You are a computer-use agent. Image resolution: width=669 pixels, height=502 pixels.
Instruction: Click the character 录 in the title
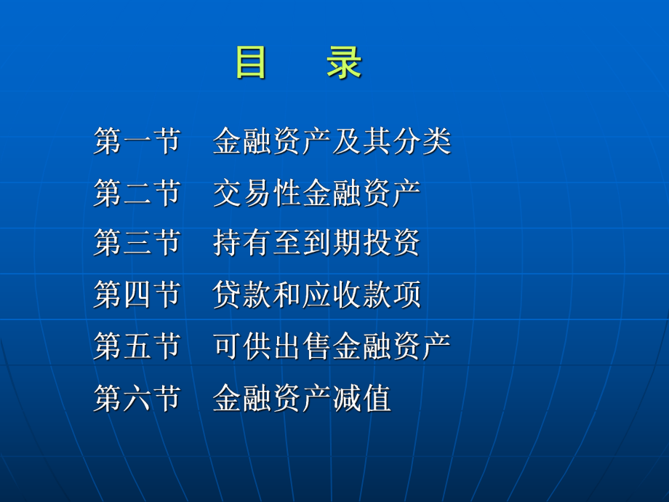(x=343, y=63)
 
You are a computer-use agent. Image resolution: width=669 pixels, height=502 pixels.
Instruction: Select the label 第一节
(x=137, y=141)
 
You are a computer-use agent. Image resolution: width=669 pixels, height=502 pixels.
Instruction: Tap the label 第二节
(x=137, y=193)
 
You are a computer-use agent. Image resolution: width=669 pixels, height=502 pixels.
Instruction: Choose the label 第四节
(x=137, y=295)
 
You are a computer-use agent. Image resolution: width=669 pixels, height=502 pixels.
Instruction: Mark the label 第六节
(x=137, y=398)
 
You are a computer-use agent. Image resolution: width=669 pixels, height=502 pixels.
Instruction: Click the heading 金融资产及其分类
(x=332, y=141)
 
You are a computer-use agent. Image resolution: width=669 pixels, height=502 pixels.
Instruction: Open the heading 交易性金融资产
(x=317, y=193)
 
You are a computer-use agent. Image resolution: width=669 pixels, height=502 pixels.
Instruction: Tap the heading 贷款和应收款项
(x=317, y=295)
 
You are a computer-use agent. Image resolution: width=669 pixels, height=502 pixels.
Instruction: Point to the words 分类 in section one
(x=422, y=141)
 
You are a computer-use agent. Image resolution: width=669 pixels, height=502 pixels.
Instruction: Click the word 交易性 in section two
(x=257, y=193)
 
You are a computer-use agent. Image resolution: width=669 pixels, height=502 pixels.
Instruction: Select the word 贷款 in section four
(x=242, y=295)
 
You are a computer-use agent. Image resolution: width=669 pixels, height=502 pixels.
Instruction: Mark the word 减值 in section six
(x=362, y=398)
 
